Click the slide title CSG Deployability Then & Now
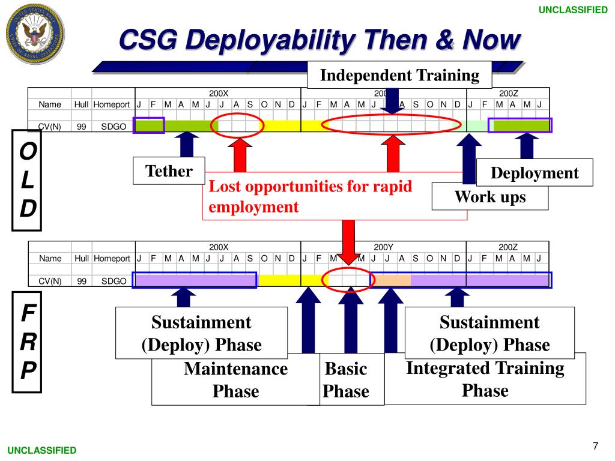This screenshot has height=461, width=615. click(319, 41)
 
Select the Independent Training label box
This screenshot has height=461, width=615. click(399, 75)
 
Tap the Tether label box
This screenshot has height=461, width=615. click(169, 171)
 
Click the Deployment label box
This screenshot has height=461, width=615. click(535, 173)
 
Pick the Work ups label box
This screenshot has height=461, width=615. click(489, 196)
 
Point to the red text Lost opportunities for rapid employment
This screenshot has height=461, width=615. click(311, 196)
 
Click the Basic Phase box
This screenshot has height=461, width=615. click(345, 380)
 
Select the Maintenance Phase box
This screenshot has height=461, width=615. click(235, 380)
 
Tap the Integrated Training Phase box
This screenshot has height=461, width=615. click(485, 379)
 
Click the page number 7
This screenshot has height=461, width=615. click(595, 445)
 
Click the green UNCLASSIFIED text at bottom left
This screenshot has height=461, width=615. click(42, 450)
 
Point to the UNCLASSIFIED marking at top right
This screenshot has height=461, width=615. click(572, 10)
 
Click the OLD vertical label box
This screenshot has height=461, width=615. click(27, 181)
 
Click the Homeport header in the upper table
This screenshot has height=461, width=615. click(111, 104)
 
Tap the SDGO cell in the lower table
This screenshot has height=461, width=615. click(114, 280)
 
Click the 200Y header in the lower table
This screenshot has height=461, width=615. click(383, 247)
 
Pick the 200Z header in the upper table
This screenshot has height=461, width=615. click(507, 93)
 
